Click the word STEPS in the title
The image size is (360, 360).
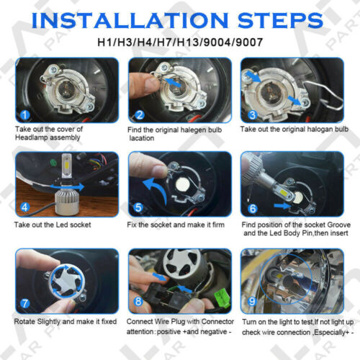click(x=280, y=17)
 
